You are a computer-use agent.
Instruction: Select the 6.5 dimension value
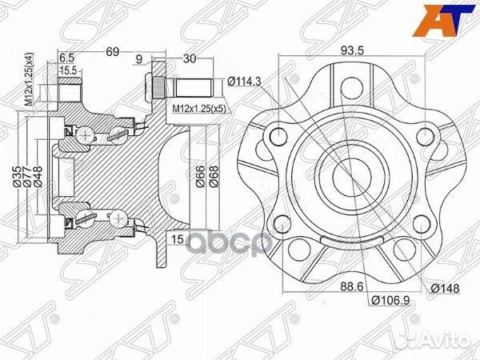point(66,58)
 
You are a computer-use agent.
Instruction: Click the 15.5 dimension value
point(70,70)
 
